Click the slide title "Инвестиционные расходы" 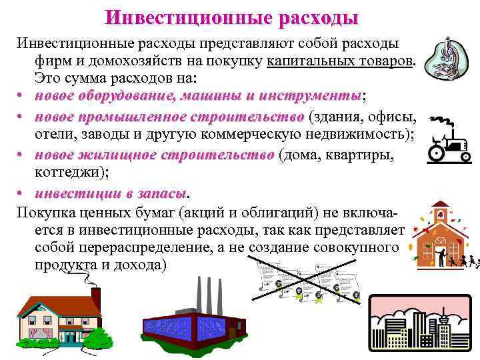[232, 17]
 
